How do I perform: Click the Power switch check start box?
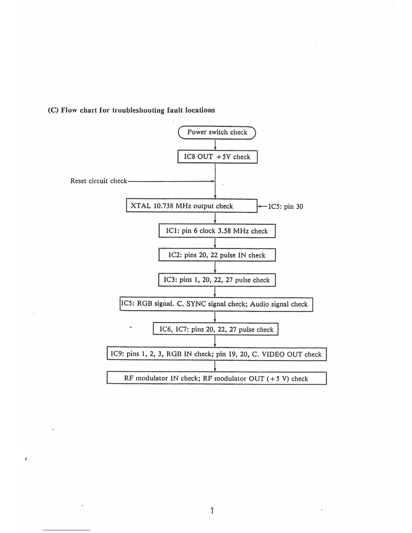(x=217, y=132)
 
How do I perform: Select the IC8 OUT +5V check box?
(x=217, y=157)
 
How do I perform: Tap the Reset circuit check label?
(x=98, y=181)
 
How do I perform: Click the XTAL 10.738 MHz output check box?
(x=191, y=206)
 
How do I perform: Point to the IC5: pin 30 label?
(x=285, y=207)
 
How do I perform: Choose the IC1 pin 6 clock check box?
(x=217, y=231)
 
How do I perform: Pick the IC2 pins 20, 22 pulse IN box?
(x=217, y=255)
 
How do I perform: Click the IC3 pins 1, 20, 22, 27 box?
(x=217, y=280)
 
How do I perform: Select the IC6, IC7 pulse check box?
(x=216, y=329)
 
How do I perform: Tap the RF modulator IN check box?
(x=216, y=378)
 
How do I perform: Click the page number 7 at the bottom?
(x=212, y=511)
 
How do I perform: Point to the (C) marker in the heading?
(x=53, y=110)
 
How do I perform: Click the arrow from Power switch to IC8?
(x=215, y=145)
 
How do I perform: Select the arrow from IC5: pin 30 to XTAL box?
(x=262, y=206)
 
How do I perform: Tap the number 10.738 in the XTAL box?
(x=164, y=206)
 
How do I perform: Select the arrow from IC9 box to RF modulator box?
(x=215, y=366)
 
